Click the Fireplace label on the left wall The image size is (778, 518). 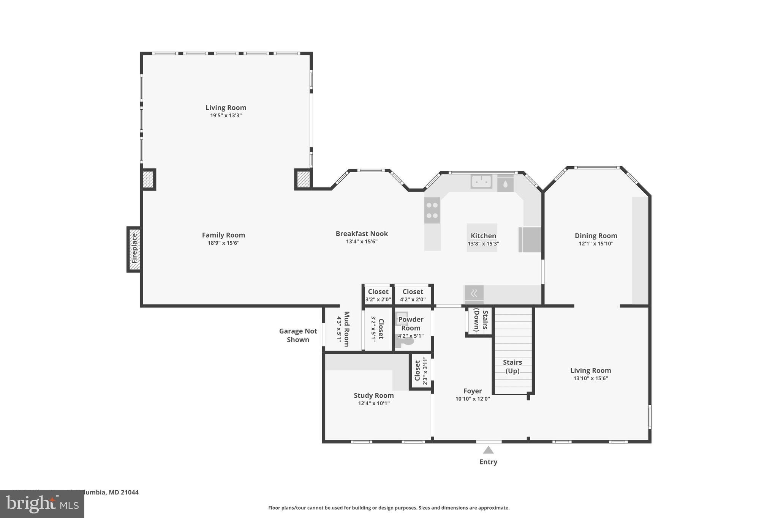134,249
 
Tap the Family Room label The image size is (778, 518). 223,235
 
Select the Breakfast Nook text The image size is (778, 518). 362,234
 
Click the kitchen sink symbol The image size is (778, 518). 481,181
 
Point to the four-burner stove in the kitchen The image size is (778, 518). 432,210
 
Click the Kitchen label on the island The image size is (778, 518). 483,236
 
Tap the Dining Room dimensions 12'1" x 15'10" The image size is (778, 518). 596,244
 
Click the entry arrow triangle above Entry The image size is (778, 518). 488,450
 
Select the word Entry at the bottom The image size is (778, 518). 488,462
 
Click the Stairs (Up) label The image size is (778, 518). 512,367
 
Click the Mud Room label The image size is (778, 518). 346,329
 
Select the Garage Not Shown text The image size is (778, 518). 298,335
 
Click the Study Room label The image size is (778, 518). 373,395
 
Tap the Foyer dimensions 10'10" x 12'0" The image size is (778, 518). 473,399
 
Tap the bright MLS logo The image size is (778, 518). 42,504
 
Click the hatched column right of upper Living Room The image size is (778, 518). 303,179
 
